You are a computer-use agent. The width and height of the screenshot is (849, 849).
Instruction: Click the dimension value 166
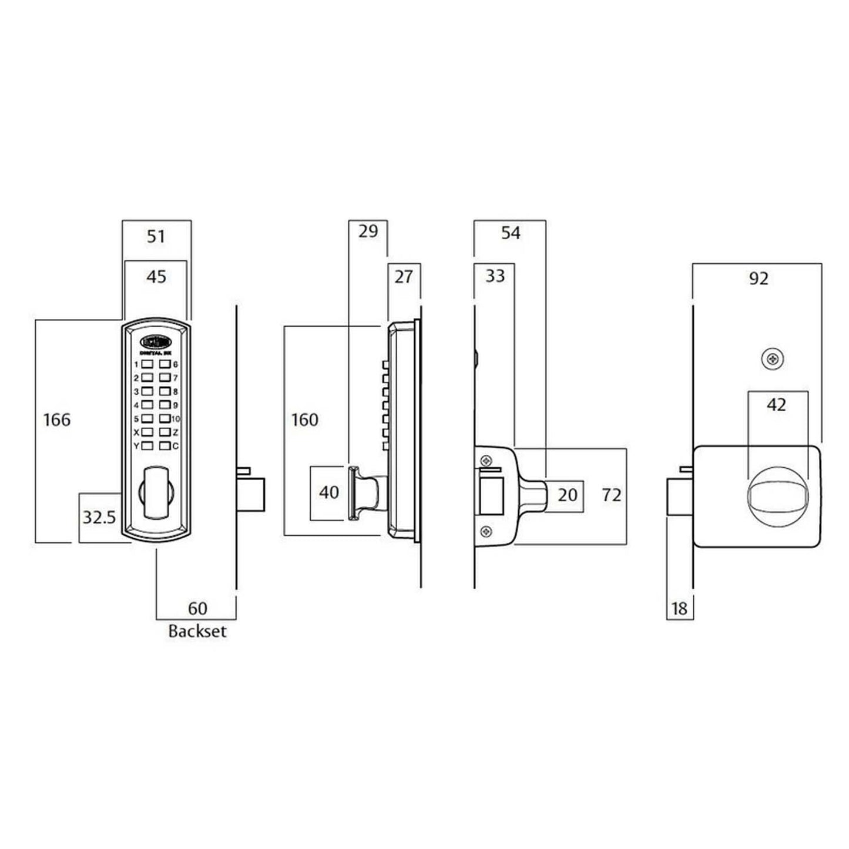(x=57, y=420)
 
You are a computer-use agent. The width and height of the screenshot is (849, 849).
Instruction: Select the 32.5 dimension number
(x=99, y=518)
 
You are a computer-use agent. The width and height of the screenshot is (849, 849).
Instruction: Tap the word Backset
(x=197, y=631)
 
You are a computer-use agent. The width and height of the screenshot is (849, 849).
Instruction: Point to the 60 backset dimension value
(x=197, y=608)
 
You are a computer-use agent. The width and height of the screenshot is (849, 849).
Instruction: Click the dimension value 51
(x=156, y=237)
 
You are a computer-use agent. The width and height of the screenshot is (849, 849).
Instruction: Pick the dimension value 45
(x=156, y=277)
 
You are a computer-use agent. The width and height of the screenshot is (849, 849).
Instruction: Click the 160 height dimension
(x=305, y=420)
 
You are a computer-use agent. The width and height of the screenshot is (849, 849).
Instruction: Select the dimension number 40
(x=329, y=492)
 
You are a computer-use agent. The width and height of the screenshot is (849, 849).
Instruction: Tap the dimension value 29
(x=368, y=231)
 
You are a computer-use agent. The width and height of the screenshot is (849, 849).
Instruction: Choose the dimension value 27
(x=404, y=277)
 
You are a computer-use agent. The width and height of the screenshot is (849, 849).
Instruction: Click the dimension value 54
(x=511, y=233)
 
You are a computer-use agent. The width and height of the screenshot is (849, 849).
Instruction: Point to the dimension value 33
(x=495, y=276)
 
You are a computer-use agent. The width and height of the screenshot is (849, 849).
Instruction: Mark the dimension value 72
(x=612, y=495)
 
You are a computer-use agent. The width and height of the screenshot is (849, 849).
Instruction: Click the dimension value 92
(x=759, y=278)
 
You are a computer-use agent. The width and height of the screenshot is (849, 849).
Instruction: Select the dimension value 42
(x=776, y=405)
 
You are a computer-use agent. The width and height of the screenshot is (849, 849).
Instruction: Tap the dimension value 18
(x=679, y=609)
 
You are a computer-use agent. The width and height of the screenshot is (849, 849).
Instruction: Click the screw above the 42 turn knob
(x=772, y=359)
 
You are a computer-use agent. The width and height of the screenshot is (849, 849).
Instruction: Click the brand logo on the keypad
(x=155, y=341)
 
